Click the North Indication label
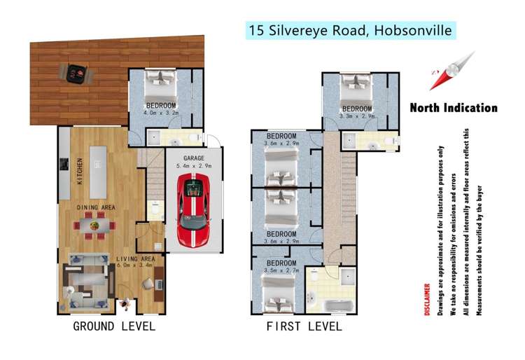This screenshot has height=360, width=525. [453, 108]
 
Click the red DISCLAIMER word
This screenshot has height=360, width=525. [428, 300]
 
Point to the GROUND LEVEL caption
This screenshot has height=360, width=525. [114, 326]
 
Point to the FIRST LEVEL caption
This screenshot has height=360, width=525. [304, 326]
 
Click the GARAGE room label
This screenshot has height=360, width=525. [193, 159]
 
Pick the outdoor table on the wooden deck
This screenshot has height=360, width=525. [75, 72]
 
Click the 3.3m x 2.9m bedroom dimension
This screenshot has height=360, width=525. [356, 116]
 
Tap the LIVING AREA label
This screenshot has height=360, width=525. [135, 259]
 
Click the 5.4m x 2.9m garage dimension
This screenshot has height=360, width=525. [193, 167]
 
